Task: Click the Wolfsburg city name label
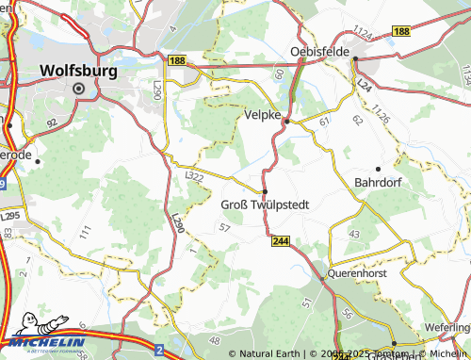click(80, 70)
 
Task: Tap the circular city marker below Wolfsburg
click(79, 89)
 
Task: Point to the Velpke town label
click(262, 114)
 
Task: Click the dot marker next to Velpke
click(286, 121)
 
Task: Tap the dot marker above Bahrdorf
click(378, 168)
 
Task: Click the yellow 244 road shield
click(280, 241)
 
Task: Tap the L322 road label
click(195, 176)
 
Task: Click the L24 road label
click(364, 88)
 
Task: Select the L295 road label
click(10, 216)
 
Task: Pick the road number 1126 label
click(381, 115)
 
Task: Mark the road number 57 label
click(223, 228)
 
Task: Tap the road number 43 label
click(354, 233)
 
